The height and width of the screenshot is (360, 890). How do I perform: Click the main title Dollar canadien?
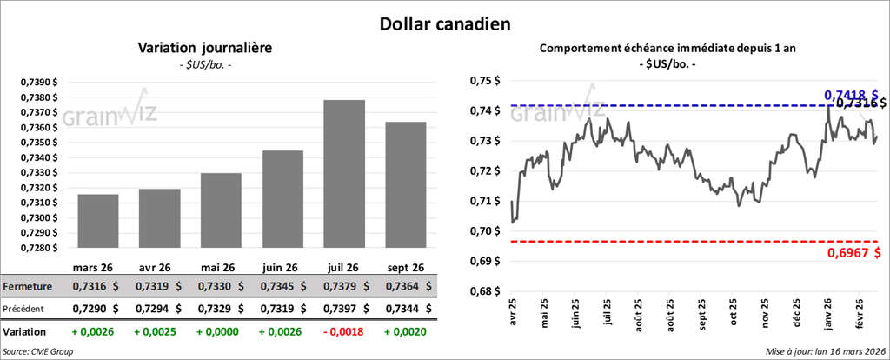(444, 23)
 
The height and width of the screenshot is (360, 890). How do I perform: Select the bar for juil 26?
(344, 174)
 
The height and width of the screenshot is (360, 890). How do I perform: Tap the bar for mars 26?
(98, 221)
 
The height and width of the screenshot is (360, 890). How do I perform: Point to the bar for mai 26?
(221, 210)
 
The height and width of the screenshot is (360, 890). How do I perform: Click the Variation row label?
(24, 332)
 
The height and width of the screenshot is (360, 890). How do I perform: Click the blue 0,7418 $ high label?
(850, 94)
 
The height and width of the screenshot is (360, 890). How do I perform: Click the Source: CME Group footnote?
(37, 351)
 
